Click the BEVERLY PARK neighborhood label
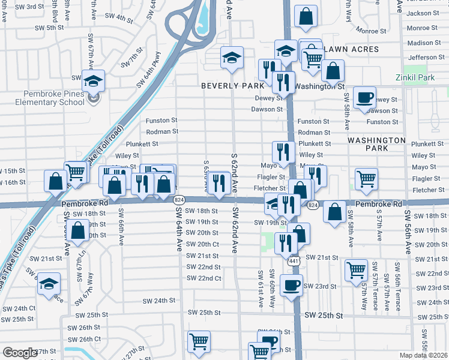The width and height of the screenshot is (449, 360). coord(232,86)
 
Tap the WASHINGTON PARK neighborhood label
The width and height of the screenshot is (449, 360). coord(376,143)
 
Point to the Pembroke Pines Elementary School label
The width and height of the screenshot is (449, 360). coord(46,98)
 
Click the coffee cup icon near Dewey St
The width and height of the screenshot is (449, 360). coord(364,97)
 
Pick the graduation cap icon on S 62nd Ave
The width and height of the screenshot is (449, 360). coord(232,58)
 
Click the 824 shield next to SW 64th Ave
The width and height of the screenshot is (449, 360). coord(180,199)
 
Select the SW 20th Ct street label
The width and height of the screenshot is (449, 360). coord(202,244)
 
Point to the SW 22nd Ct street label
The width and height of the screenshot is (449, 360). coord(203,278)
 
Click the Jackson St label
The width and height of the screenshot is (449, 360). coord(427,13)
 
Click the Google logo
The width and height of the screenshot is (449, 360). coord(20,353)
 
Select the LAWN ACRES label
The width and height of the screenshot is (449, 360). coord(351,49)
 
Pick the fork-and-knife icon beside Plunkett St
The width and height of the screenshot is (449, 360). coord(281,151)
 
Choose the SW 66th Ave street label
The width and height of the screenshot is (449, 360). coord(121,227)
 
